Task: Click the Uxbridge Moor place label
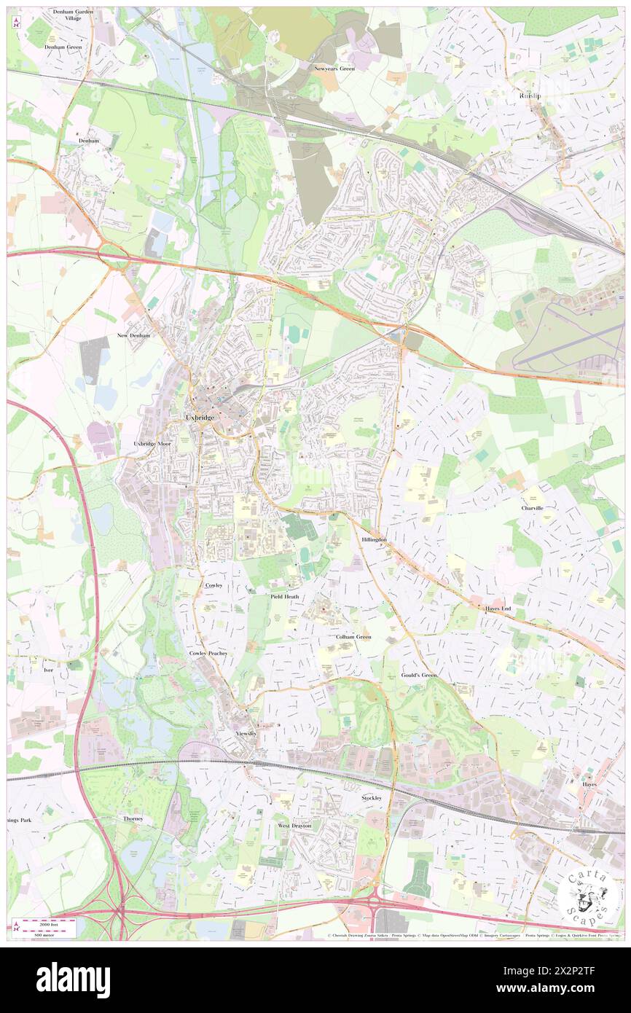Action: (152, 443)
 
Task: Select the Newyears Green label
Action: (334, 69)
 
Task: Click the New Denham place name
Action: (133, 335)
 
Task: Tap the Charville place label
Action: (533, 507)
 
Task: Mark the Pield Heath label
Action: (285, 596)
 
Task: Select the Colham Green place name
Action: (353, 636)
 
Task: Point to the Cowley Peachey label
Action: (208, 653)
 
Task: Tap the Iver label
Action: (49, 669)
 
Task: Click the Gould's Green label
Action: (420, 675)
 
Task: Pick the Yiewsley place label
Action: (246, 733)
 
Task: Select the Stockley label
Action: (372, 798)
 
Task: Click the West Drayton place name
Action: (294, 825)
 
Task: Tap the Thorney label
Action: (133, 818)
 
